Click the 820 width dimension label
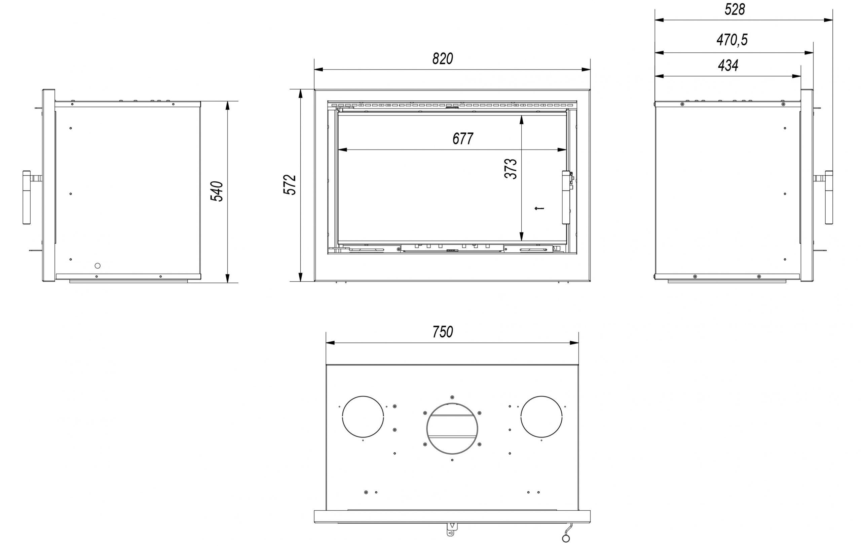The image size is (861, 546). tap(443, 59)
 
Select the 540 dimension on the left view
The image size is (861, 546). tap(217, 192)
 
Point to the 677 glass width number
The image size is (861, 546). tap(463, 139)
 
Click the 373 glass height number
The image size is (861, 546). tap(511, 169)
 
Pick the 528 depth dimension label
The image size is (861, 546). tap(735, 10)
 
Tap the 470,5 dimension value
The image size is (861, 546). tap(732, 40)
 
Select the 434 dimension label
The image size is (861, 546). tap(728, 65)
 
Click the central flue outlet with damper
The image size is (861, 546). tap(452, 428)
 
